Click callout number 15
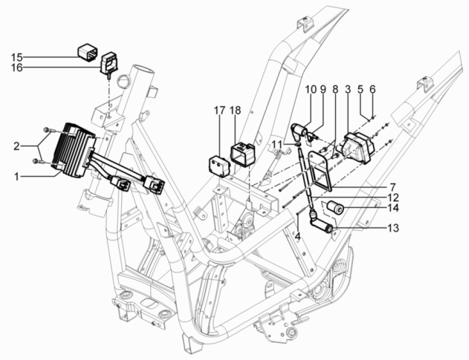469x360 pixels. coord(17,56)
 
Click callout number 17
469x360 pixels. coord(220,110)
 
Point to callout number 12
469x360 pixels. coord(393,198)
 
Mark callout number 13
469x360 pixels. coord(393,227)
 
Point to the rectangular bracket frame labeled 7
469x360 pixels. coord(323,171)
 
